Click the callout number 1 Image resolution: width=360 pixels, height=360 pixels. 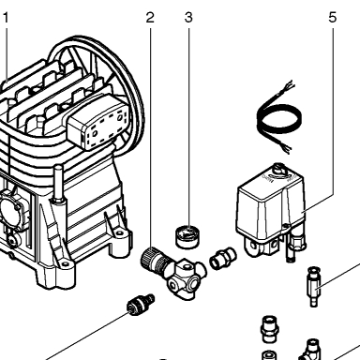click(x=6, y=18)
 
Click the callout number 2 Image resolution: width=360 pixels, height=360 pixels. click(x=150, y=18)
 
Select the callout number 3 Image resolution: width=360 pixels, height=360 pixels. click(x=188, y=18)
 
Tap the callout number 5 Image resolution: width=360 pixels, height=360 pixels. click(x=333, y=18)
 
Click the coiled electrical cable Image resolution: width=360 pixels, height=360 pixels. click(x=279, y=118)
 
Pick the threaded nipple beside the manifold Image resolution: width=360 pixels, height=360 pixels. click(x=223, y=258)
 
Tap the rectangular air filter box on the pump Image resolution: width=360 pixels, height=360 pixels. click(x=98, y=121)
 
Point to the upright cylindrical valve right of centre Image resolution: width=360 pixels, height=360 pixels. click(x=314, y=287)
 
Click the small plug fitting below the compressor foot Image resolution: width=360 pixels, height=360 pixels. click(x=141, y=305)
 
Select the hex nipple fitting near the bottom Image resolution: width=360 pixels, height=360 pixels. click(x=269, y=329)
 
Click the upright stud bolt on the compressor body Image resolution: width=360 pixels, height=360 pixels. click(x=58, y=185)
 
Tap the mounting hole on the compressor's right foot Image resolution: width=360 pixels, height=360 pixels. click(x=119, y=233)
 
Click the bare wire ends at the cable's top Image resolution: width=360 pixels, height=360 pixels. click(x=288, y=85)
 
